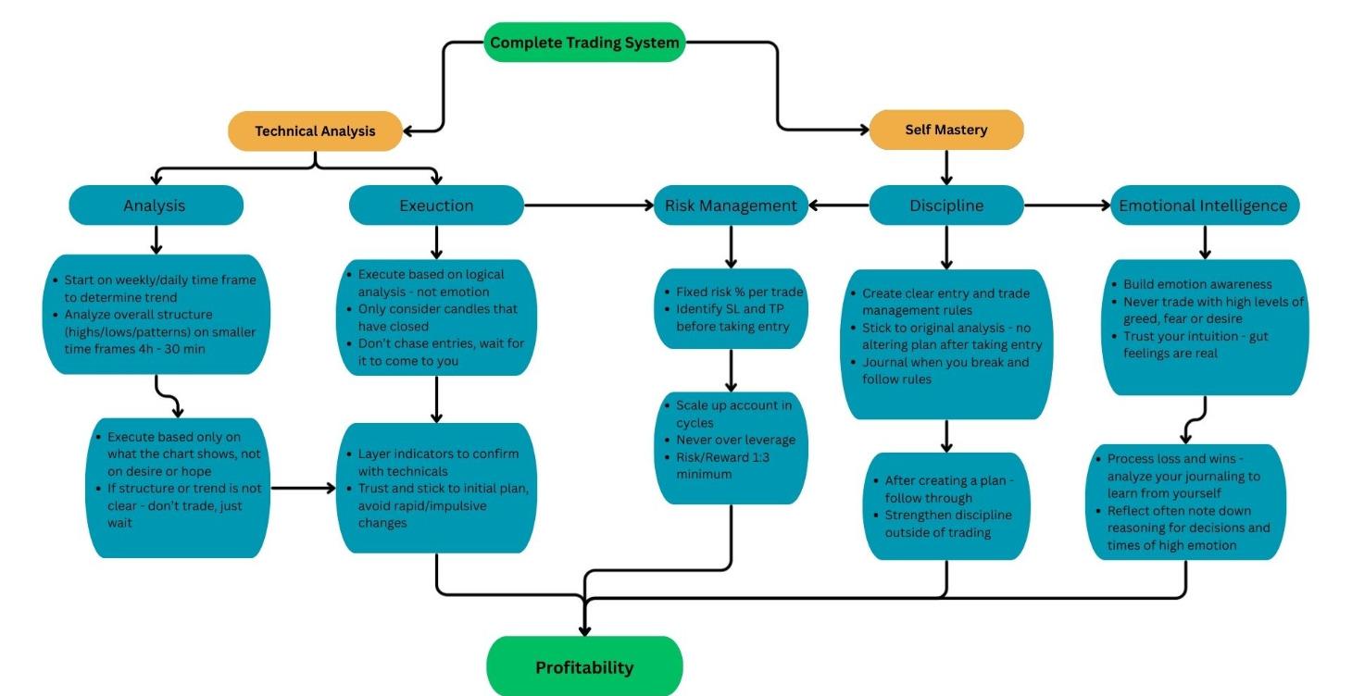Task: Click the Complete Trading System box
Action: pos(584,43)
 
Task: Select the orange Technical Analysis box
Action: pos(315,130)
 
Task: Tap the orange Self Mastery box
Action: pos(945,130)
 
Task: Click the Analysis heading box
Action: pos(155,205)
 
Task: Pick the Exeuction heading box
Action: pos(436,205)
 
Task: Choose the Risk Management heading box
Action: pos(731,205)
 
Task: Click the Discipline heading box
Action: pos(945,205)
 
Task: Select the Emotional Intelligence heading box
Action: pos(1203,205)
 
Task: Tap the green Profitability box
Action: pos(584,667)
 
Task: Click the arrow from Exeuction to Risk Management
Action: pos(589,205)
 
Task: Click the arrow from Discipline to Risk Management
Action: pos(837,205)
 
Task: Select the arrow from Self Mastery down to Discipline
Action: pos(945,167)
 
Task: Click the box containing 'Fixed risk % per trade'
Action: pos(731,308)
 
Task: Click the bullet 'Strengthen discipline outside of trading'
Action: pos(947,524)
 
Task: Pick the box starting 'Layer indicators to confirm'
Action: pos(436,488)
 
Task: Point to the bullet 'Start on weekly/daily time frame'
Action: pos(159,289)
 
